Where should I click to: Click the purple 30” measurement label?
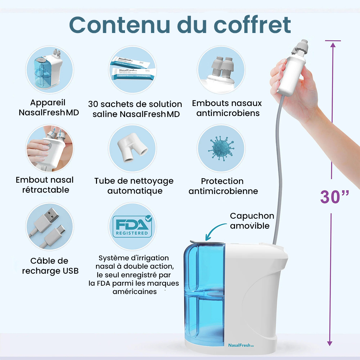(335, 197)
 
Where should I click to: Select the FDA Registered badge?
(132, 226)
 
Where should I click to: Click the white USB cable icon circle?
(50, 227)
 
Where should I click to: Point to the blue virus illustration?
(221, 149)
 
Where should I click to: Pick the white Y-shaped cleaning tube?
(132, 149)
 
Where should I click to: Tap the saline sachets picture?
(132, 70)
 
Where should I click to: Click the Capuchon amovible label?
(252, 221)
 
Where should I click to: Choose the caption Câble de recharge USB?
(50, 266)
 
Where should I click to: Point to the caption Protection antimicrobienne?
(223, 186)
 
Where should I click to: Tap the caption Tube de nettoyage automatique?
(134, 186)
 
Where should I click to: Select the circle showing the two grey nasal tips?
(221, 70)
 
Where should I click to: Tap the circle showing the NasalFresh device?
(50, 70)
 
